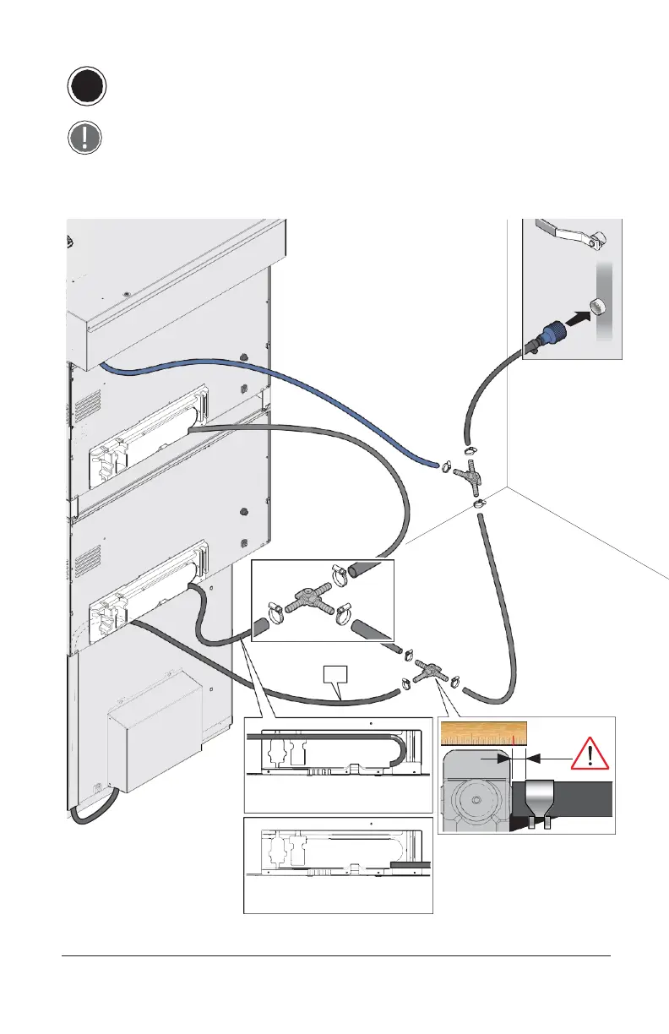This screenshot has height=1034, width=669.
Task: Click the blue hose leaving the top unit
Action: coord(253,389)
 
